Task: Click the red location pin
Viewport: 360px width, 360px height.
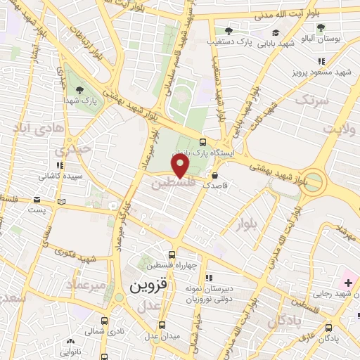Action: click(x=181, y=166)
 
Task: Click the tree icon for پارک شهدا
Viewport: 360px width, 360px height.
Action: click(x=79, y=89)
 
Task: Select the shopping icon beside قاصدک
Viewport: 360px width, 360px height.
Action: click(x=214, y=176)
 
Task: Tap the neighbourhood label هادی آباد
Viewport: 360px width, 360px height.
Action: click(x=33, y=129)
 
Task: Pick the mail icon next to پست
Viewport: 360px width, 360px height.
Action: click(x=63, y=202)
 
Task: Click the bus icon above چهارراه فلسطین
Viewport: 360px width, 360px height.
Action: click(x=172, y=254)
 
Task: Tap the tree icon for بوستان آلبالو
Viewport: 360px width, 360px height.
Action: click(x=321, y=27)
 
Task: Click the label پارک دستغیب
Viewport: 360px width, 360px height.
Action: click(x=227, y=43)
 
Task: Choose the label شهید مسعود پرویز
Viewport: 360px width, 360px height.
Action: click(x=323, y=71)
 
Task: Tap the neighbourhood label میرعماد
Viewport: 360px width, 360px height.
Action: click(x=86, y=285)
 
